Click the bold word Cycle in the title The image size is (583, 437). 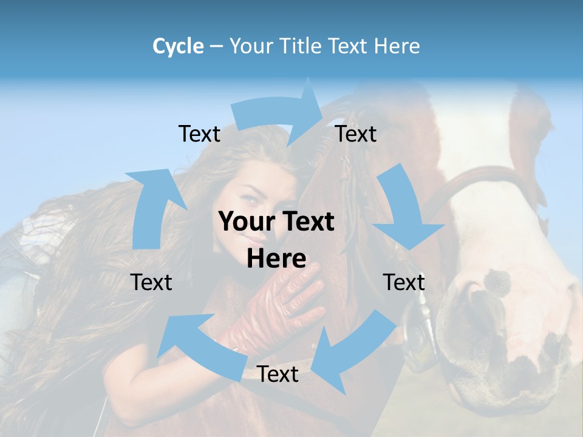(x=178, y=46)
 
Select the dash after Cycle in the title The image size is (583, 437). (x=216, y=47)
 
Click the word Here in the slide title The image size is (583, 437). (x=397, y=46)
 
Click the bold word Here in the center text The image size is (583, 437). (x=276, y=259)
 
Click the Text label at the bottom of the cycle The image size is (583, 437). (x=278, y=374)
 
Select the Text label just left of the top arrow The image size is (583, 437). (x=199, y=134)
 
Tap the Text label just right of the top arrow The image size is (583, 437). (x=356, y=134)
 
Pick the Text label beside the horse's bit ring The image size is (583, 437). (x=404, y=282)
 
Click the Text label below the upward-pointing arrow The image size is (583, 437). (x=151, y=282)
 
